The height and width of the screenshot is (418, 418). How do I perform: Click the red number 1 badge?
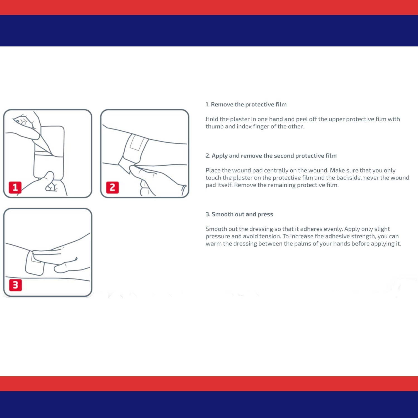(x=15, y=187)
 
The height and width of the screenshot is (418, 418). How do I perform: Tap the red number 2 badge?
(x=112, y=187)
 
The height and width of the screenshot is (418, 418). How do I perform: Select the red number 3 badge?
(x=15, y=285)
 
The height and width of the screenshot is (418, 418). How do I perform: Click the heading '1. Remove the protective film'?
(x=246, y=104)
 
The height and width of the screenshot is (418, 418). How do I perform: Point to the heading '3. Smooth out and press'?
(x=239, y=214)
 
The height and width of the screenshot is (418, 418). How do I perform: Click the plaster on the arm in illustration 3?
(x=35, y=263)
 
